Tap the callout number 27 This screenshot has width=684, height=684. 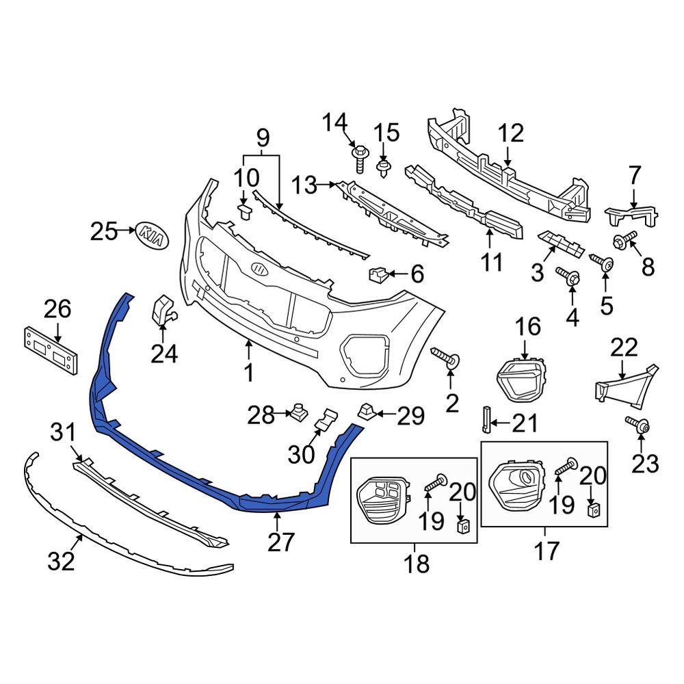pyautogui.click(x=280, y=542)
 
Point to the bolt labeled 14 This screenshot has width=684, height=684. pyautogui.click(x=359, y=159)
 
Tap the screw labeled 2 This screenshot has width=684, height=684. pyautogui.click(x=445, y=358)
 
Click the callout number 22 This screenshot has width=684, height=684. pyautogui.click(x=623, y=348)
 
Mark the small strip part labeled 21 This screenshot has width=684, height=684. pyautogui.click(x=486, y=418)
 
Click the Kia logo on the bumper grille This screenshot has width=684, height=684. pyautogui.click(x=261, y=269)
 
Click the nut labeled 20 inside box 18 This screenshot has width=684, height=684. pyautogui.click(x=464, y=525)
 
